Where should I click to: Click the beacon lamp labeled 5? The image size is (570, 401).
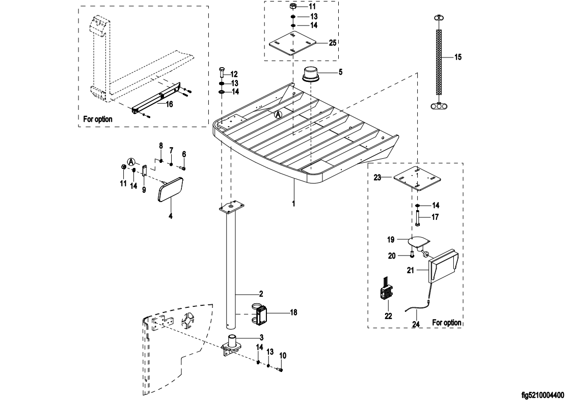click(x=310, y=74)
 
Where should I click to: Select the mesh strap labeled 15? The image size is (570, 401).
click(x=438, y=62)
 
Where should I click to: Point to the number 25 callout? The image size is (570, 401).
click(x=333, y=42)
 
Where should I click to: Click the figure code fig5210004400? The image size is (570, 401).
click(x=542, y=394)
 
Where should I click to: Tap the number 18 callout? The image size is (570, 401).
click(x=293, y=312)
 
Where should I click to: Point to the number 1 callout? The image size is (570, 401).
click(x=294, y=203)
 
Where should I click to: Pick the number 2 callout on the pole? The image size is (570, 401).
click(x=260, y=294)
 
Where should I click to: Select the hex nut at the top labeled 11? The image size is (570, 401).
click(x=294, y=8)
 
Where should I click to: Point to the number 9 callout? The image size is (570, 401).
click(x=144, y=189)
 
